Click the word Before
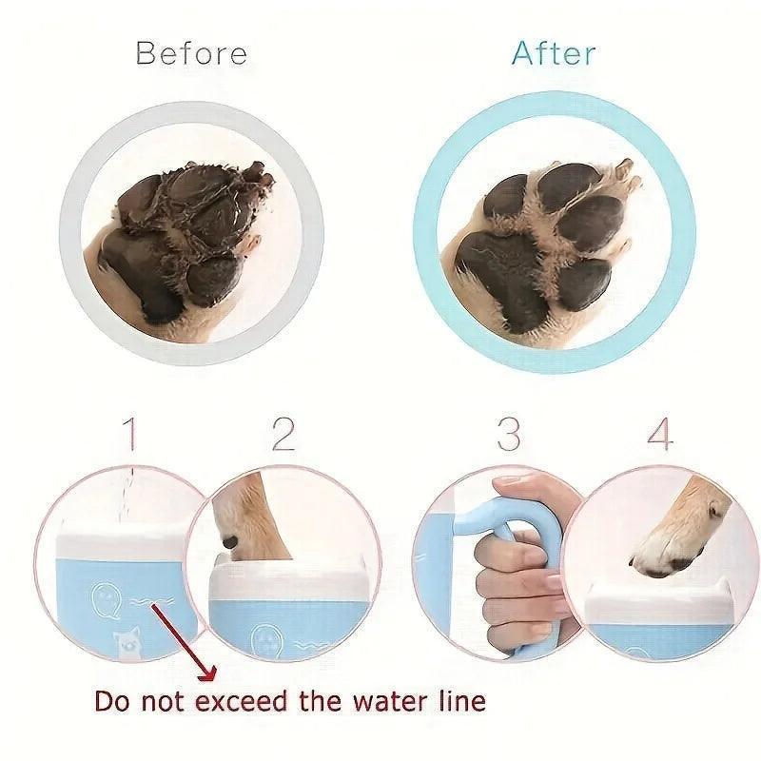pyautogui.click(x=191, y=53)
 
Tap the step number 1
pyautogui.click(x=131, y=435)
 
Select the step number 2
pyautogui.click(x=283, y=433)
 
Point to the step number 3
pyautogui.click(x=508, y=433)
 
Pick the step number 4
pyautogui.click(x=659, y=433)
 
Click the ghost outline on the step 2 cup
pyautogui.click(x=268, y=639)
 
